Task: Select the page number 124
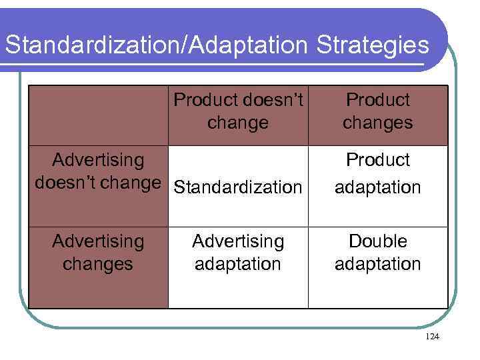[x=432, y=337]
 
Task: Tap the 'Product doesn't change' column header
[x=238, y=111]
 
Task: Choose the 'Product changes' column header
[x=377, y=111]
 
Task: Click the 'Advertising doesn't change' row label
[x=98, y=171]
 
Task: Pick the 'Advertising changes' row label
[x=98, y=252]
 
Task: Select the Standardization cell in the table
[x=238, y=187]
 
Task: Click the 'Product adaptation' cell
[x=377, y=173]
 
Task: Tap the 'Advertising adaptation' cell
[x=238, y=252]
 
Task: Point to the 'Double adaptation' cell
[x=377, y=252]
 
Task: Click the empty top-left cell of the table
[x=98, y=115]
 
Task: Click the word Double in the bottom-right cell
[x=377, y=241]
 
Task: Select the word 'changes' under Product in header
[x=377, y=123]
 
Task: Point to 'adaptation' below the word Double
[x=377, y=264]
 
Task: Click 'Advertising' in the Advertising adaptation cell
[x=238, y=241]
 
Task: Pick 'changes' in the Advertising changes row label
[x=98, y=264]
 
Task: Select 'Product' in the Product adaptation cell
[x=377, y=160]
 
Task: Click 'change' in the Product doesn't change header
[x=238, y=123]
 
